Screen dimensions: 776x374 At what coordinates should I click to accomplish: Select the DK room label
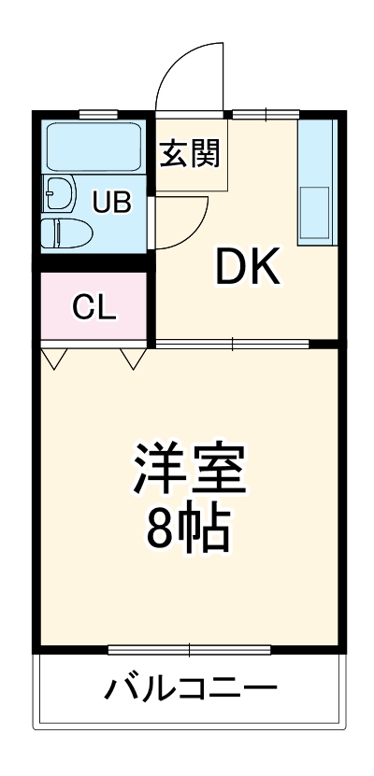click(x=248, y=269)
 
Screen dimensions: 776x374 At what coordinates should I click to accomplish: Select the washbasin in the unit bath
click(x=60, y=194)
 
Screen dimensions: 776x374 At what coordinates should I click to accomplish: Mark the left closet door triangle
click(x=53, y=358)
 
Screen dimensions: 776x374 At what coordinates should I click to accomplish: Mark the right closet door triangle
click(x=132, y=358)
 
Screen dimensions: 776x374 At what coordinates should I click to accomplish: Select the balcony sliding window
click(x=189, y=648)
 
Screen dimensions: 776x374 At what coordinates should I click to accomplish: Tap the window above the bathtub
click(x=96, y=115)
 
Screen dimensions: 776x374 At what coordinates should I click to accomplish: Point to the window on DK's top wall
click(x=265, y=115)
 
